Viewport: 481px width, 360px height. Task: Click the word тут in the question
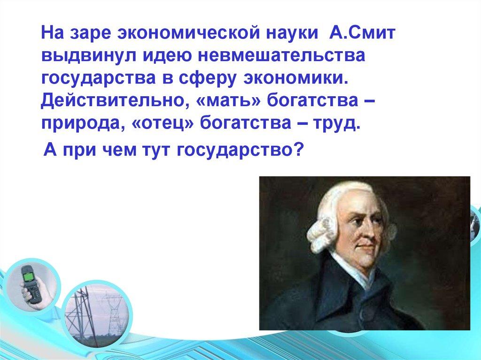156,151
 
